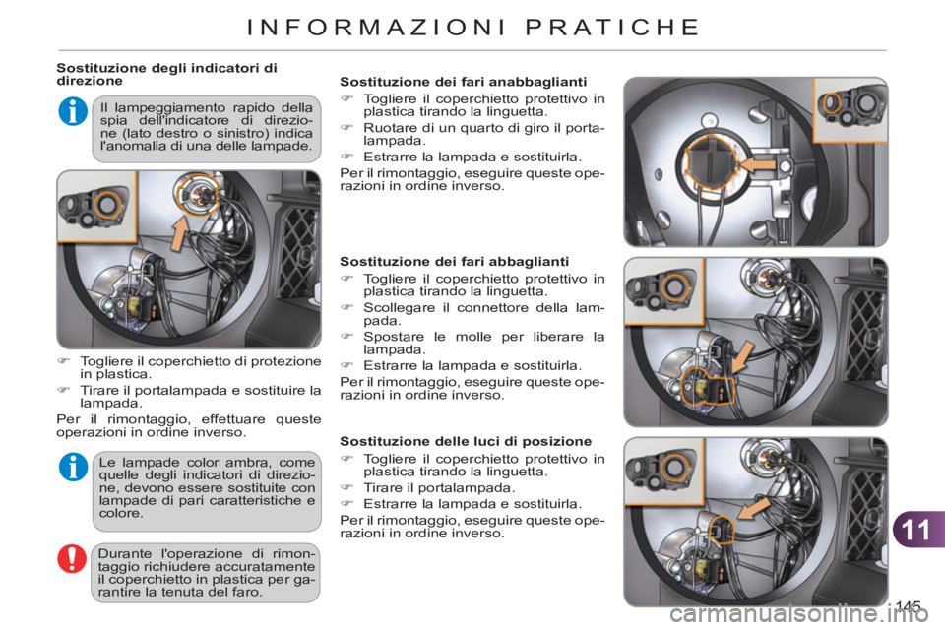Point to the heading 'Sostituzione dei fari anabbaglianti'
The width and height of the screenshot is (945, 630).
pos(463,81)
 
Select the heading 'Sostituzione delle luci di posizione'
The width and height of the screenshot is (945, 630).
pos(466,440)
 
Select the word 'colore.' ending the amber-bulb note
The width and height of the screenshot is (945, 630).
pos(121,513)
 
